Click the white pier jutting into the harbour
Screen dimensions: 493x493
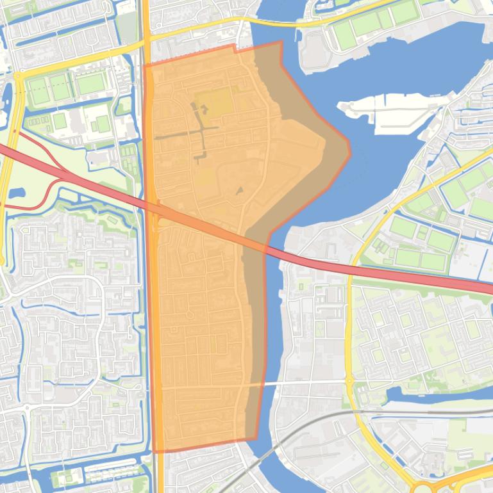[x=391, y=106]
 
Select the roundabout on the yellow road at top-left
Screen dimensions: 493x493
[x=17, y=76]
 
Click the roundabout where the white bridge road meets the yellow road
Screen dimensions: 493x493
[x=350, y=382]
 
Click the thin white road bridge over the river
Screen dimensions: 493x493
[x=269, y=384]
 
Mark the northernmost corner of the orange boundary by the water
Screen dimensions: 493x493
[x=280, y=42]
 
